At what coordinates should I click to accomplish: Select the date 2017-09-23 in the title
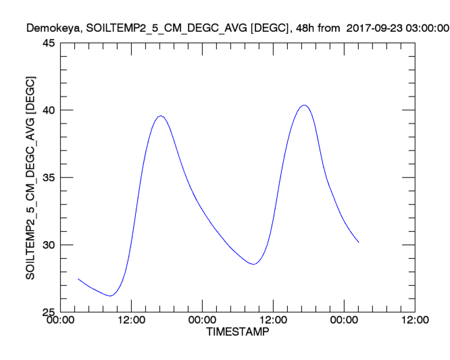(374, 28)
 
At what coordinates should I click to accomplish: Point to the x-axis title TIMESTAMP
(237, 333)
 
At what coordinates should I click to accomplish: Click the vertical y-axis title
(30, 177)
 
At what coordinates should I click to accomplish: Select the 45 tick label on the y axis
(49, 43)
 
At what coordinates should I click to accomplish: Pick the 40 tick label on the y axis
(49, 111)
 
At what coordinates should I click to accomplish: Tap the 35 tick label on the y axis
(49, 178)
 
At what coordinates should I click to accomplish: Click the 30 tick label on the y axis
(49, 245)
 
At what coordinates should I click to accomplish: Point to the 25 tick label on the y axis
(49, 312)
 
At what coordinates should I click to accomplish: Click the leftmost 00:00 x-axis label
(60, 322)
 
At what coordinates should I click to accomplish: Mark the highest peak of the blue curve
(304, 105)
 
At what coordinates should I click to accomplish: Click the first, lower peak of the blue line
(160, 115)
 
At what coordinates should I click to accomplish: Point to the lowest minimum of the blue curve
(110, 296)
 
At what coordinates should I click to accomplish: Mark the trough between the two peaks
(253, 264)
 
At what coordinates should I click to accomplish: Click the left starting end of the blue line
(78, 278)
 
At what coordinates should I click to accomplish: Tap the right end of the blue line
(359, 242)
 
